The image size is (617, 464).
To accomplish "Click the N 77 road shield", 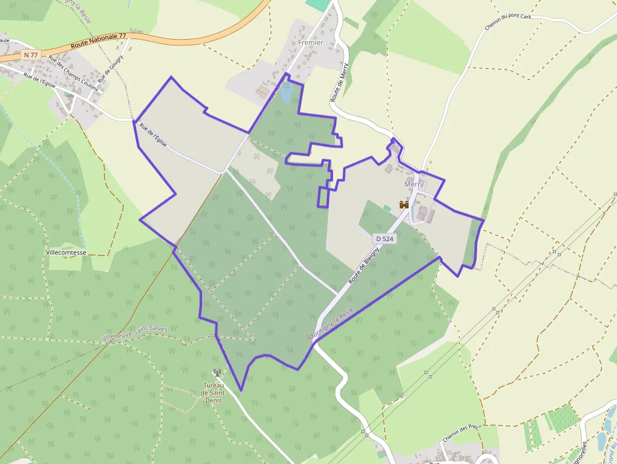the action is [x=31, y=55].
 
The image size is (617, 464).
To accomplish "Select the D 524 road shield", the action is [x=384, y=239].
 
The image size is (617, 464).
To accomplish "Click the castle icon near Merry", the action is [x=404, y=205].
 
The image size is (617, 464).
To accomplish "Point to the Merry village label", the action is [x=414, y=184].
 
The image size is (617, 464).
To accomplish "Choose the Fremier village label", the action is [x=310, y=42].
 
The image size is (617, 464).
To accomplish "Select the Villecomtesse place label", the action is [x=75, y=252].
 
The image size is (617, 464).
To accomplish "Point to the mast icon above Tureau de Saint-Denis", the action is [x=217, y=373].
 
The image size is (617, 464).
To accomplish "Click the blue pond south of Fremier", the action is [x=286, y=95].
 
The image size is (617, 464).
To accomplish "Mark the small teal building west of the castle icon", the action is [x=387, y=208].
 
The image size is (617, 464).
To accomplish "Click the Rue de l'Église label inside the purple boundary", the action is [x=153, y=135].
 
